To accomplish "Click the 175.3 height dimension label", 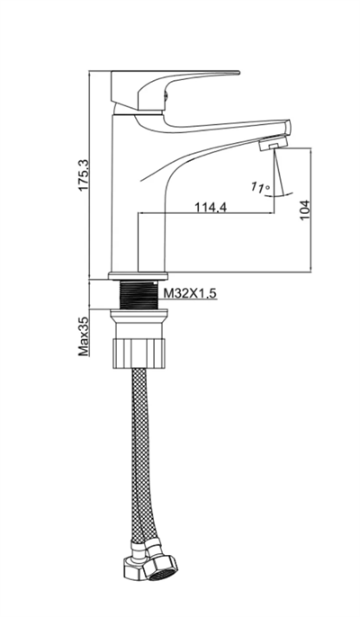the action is click(x=85, y=175).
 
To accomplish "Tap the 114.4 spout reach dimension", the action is click(x=211, y=207).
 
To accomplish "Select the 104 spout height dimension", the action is click(x=305, y=210).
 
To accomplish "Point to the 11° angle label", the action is click(x=260, y=187).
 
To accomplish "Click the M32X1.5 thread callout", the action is click(x=190, y=293).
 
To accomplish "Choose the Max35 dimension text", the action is click(x=84, y=336).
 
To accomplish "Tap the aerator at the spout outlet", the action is click(x=273, y=142).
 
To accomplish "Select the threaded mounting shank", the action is click(x=138, y=295).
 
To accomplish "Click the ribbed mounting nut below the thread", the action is click(x=139, y=353).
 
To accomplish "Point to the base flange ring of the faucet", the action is click(x=138, y=276).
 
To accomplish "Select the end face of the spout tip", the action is click(x=288, y=129).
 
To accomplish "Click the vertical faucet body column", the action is click(x=124, y=192).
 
